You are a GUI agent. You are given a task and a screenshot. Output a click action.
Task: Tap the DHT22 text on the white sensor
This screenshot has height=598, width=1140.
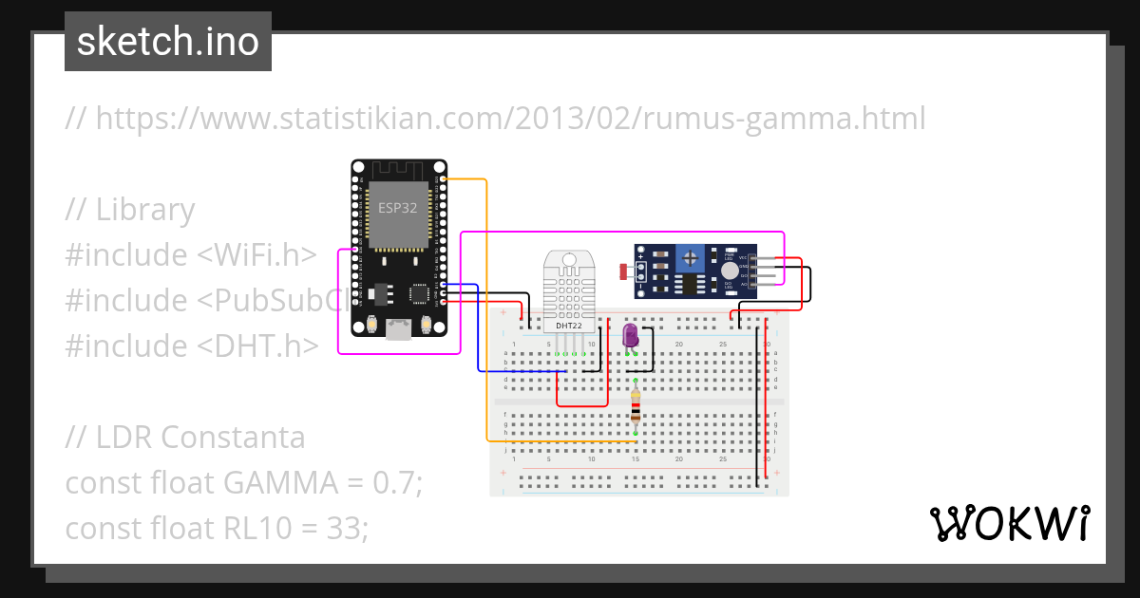click(x=569, y=326)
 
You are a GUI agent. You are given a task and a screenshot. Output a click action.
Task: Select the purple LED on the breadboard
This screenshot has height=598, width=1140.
click(x=630, y=336)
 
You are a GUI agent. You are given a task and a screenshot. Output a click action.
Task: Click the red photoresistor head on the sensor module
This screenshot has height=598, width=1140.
click(x=623, y=272)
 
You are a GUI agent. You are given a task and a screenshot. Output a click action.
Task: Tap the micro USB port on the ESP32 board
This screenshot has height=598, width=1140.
click(x=399, y=327)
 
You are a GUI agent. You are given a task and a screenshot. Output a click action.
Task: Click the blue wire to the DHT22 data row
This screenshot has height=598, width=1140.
click(x=478, y=332)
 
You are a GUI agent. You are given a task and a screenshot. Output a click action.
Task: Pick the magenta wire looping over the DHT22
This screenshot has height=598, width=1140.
click(x=617, y=232)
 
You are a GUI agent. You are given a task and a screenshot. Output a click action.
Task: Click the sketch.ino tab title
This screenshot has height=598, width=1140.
click(x=168, y=42)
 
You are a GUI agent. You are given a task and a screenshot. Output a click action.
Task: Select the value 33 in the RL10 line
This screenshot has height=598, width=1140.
click(x=348, y=528)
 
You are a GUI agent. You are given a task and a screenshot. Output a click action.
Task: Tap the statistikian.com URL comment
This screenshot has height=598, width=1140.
click(x=495, y=119)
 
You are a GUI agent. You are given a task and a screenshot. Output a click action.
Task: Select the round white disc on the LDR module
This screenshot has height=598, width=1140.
click(x=730, y=271)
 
